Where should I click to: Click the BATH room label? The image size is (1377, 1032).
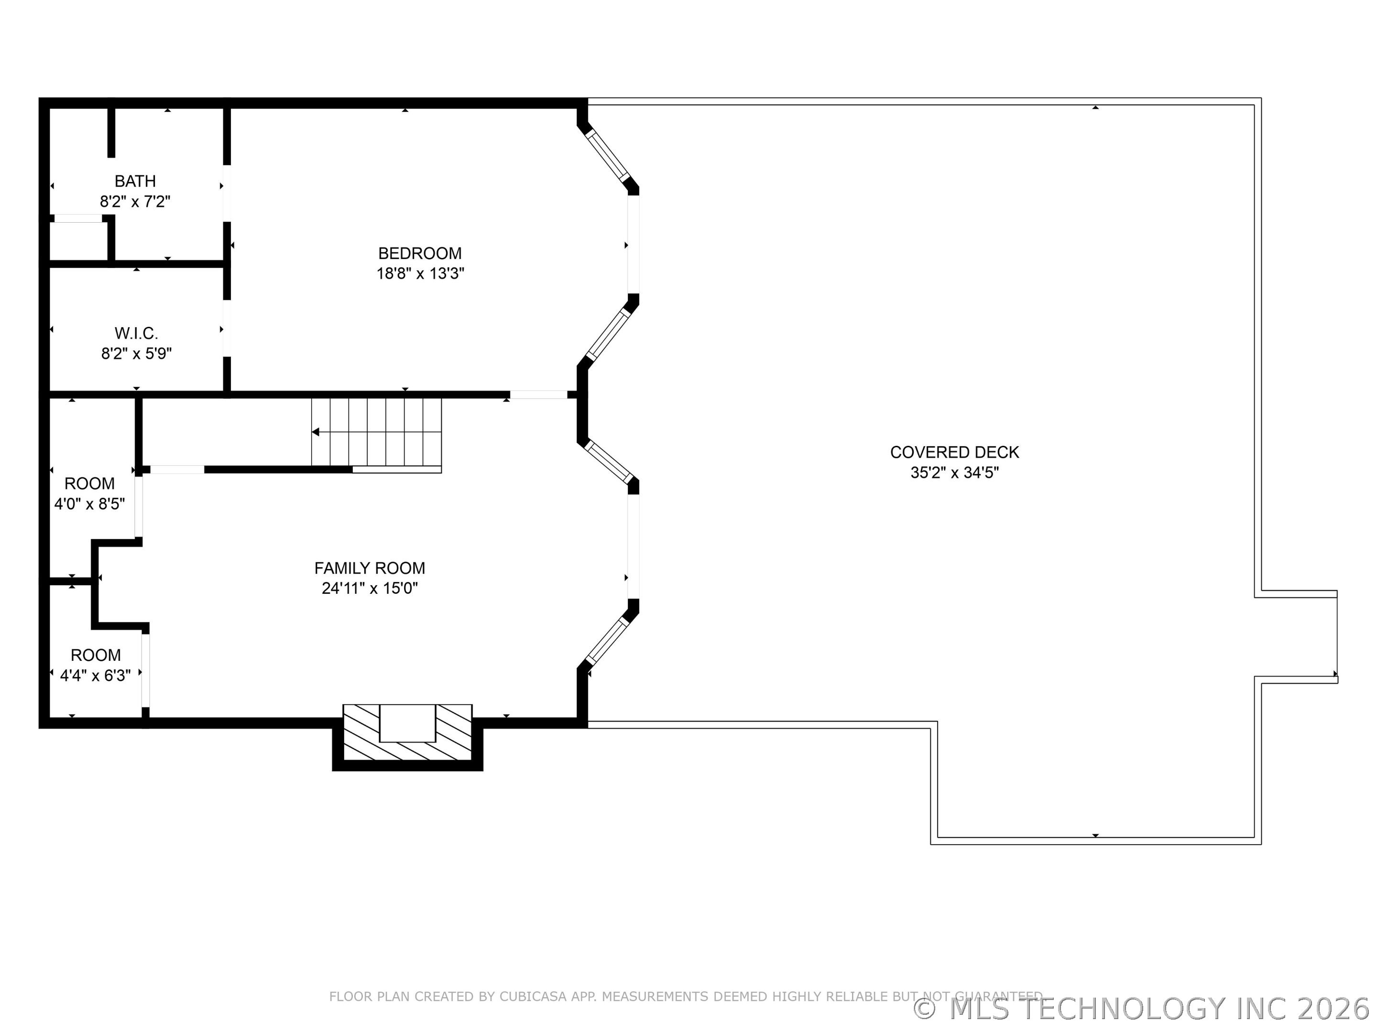135,181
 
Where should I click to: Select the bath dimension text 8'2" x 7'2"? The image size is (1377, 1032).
135,202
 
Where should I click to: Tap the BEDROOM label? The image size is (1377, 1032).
420,253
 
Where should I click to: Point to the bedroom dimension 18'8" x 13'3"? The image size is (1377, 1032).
420,274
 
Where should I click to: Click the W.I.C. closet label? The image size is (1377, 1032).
136,333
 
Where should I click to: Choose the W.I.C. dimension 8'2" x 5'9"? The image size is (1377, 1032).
136,354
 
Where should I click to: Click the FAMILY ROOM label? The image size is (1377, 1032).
369,568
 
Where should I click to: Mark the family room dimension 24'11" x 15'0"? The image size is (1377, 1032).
369,589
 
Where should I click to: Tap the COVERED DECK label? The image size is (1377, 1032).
954,452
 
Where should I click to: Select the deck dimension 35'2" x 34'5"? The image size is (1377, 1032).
954,473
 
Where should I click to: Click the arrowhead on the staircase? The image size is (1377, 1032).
316,432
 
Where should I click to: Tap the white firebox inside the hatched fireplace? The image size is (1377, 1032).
407,723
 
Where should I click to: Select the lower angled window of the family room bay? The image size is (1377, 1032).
606,640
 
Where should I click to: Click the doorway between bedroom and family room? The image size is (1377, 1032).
538,394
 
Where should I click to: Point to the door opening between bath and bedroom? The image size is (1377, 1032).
227,193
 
